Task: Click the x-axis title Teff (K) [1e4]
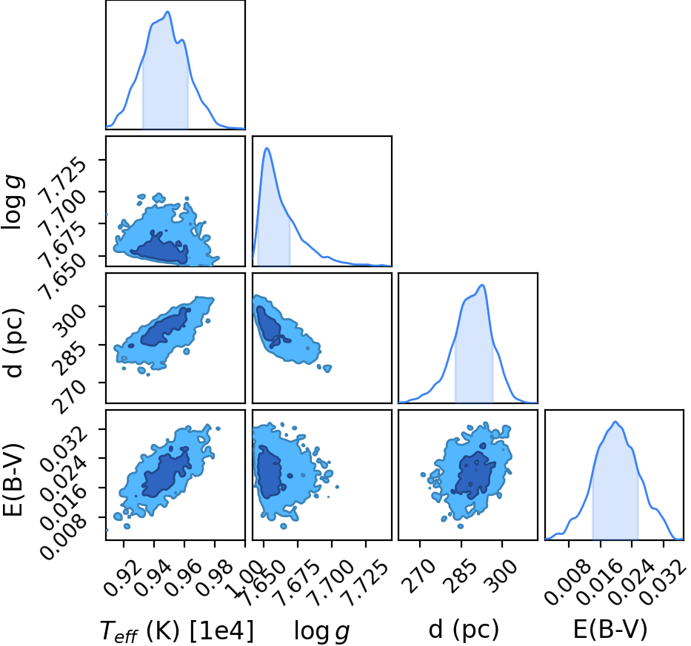(177, 630)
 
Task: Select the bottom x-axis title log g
(321, 631)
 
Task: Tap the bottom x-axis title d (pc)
(464, 630)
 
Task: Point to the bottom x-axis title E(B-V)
(610, 630)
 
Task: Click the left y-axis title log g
(13, 202)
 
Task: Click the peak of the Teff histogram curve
(167, 11)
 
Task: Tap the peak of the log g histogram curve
(267, 148)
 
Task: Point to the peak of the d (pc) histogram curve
(483, 285)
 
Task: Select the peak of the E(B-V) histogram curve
(615, 422)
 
